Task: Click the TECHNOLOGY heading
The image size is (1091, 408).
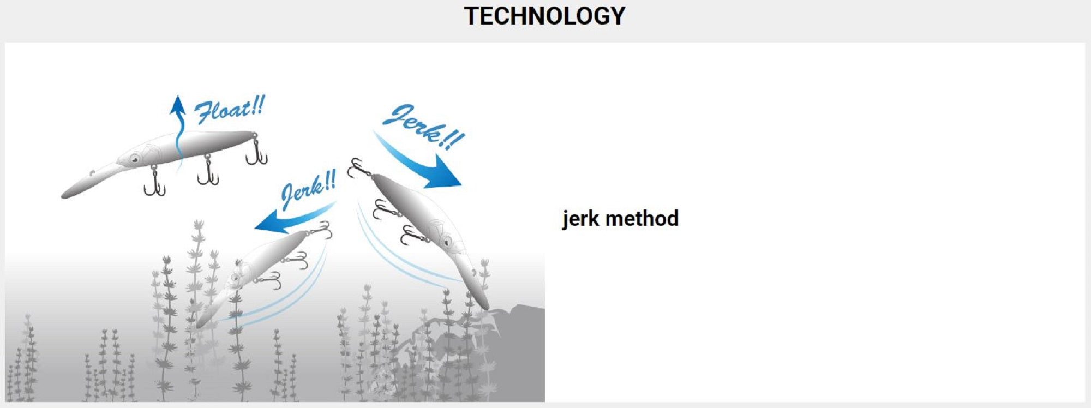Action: point(544,16)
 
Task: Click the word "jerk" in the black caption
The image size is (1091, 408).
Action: point(581,219)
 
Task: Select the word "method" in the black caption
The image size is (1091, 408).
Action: point(642,219)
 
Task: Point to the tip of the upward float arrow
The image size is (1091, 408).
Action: point(177,96)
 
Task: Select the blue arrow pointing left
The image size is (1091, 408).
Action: point(295,218)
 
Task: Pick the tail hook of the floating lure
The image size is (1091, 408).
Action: point(256,151)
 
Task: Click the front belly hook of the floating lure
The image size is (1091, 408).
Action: point(154,181)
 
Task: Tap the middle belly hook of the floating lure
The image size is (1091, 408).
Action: point(208,170)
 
